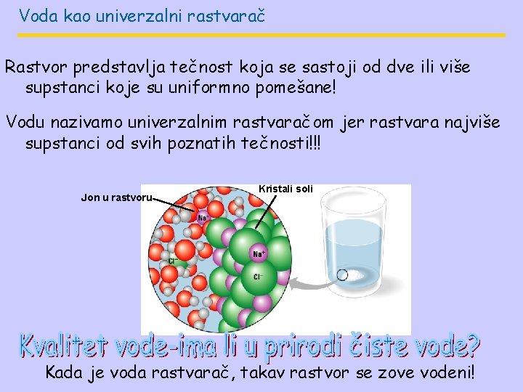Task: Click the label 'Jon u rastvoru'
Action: click(x=116, y=197)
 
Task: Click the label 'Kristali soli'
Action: click(x=285, y=189)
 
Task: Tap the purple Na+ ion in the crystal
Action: click(x=259, y=253)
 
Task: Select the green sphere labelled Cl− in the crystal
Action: click(x=258, y=277)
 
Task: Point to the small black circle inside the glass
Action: click(x=342, y=274)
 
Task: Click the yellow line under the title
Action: click(x=261, y=35)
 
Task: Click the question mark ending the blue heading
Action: click(x=470, y=347)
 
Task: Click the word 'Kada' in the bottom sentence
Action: click(x=64, y=373)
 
